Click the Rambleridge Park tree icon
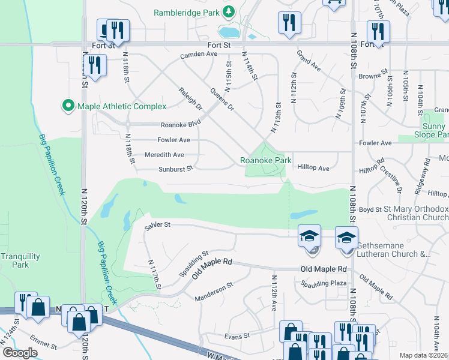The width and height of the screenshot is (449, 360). coord(228,12)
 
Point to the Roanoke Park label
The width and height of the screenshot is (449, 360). coord(265,160)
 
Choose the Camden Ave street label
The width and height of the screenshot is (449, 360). coord(199,54)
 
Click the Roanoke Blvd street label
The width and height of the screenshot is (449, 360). coord(180,125)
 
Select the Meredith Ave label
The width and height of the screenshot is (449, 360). coord(164,154)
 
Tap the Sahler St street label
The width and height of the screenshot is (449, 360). coord(158,225)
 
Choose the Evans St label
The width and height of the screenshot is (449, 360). coord(236,336)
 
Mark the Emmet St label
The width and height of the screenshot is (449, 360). coord(43,346)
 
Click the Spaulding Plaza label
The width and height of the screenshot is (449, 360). coord(325,283)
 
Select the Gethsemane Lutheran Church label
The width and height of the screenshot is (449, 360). coord(394,250)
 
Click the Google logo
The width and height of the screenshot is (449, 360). coord(20,353)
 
